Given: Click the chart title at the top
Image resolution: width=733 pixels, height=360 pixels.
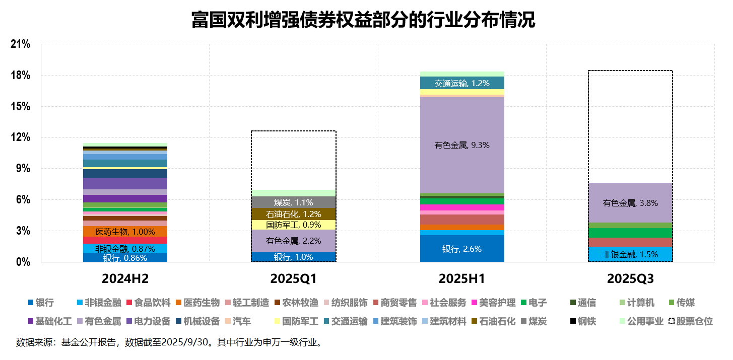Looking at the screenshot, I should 363,20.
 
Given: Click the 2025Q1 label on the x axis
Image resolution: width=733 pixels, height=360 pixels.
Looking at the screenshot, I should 293,278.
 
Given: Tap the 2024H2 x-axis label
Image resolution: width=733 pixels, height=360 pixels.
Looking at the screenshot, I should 125,278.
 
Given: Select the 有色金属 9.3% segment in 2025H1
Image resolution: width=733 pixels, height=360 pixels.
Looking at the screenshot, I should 462,145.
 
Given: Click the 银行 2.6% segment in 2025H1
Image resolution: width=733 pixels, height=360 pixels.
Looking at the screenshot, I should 462,249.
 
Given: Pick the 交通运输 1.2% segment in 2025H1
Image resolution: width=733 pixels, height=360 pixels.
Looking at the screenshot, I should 462,83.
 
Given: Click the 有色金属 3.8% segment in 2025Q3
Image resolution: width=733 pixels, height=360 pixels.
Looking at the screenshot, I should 630,203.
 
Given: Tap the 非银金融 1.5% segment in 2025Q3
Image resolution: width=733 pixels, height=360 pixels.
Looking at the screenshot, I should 630,254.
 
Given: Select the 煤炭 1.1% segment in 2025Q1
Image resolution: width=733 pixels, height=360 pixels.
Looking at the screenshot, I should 293,202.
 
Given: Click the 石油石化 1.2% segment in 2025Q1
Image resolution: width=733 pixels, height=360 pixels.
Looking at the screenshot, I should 293,214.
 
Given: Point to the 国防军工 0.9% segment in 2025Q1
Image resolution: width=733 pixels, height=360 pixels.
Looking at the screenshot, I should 293,225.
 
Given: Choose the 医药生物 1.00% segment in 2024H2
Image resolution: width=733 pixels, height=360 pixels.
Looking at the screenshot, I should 125,232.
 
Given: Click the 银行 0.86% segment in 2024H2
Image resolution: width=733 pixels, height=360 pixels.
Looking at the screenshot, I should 125,257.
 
